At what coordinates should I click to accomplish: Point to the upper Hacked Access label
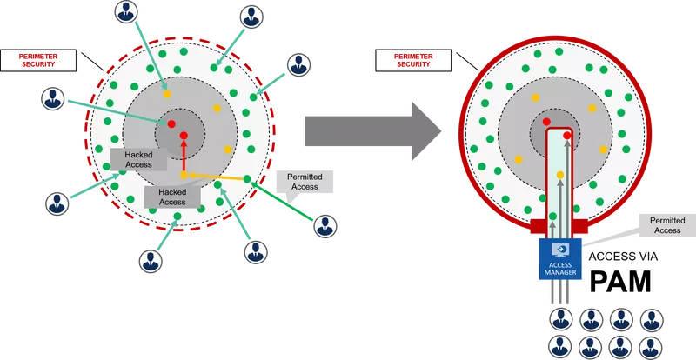coord(138,159)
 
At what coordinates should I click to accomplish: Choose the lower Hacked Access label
coord(172,196)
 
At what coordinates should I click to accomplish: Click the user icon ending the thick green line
coord(325,225)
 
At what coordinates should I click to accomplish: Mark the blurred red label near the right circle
coord(414,60)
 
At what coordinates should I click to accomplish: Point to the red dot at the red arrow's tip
coord(184,137)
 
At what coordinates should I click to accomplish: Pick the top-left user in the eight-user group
coord(559,318)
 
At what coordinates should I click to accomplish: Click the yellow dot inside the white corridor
coord(560,175)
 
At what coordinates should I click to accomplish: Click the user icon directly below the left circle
coord(150,259)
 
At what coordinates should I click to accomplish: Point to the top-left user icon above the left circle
coord(127,12)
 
